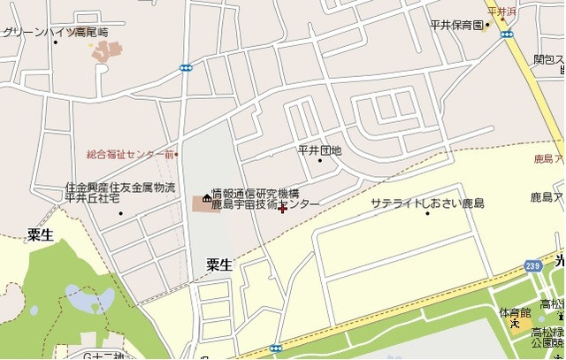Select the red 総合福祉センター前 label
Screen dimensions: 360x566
pyautogui.click(x=130, y=154)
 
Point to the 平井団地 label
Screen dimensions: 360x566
pyautogui.click(x=319, y=149)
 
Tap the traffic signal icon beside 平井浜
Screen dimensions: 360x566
pyautogui.click(x=507, y=34)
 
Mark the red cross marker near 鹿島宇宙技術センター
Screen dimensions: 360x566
pyautogui.click(x=282, y=210)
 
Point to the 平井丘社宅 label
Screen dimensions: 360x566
pyautogui.click(x=92, y=199)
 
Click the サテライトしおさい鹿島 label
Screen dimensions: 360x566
pyautogui.click(x=427, y=203)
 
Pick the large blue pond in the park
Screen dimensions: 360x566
pyautogui.click(x=84, y=300)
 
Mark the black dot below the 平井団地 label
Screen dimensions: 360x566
pyautogui.click(x=320, y=161)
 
